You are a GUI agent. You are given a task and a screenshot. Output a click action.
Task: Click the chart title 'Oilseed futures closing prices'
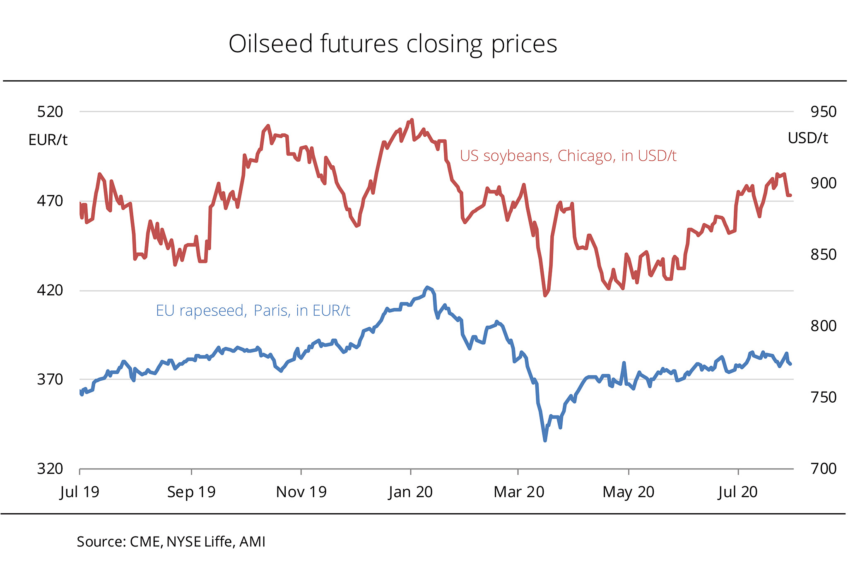pos(393,44)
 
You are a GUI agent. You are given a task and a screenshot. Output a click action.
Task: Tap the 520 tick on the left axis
pos(50,112)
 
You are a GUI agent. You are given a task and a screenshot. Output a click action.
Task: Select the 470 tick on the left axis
pos(50,201)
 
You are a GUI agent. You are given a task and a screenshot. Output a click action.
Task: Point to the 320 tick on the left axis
pos(50,469)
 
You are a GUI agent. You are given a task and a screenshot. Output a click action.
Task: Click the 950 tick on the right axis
pos(823,112)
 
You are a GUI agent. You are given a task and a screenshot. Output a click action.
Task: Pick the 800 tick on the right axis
pos(823,326)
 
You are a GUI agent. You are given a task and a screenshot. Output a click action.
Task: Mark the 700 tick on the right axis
pos(823,469)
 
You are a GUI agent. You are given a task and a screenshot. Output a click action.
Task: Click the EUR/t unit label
pos(48,140)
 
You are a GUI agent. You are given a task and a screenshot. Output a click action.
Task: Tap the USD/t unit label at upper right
pos(807,138)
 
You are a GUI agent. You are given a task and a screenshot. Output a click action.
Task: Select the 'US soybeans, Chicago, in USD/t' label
pos(568,156)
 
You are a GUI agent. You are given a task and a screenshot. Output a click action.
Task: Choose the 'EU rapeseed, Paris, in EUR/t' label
pos(253,310)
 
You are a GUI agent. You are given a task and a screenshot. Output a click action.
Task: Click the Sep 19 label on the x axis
pos(191,492)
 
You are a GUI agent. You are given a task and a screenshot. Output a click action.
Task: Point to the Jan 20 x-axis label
pos(410,492)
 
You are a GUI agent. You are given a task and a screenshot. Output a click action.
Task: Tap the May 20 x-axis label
pos(628,492)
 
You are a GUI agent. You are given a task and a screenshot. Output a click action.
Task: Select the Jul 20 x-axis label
pos(737,492)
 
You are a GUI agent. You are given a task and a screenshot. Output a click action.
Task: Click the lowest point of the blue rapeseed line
pos(545,440)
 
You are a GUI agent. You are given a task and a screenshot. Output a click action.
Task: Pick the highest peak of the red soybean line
pos(412,120)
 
